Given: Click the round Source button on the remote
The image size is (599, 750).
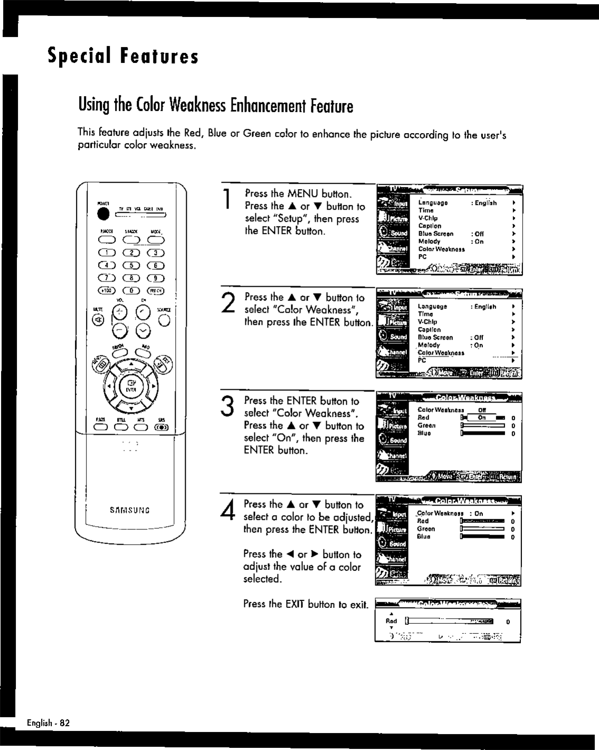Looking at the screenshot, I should [165, 320].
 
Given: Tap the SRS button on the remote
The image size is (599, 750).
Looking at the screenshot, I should [160, 428].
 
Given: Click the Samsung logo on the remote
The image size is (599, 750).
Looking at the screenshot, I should [130, 510].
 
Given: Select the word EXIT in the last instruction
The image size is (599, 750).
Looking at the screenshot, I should [296, 604].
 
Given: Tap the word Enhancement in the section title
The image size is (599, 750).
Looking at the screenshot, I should [268, 106].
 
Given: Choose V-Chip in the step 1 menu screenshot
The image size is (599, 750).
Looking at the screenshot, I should [427, 218].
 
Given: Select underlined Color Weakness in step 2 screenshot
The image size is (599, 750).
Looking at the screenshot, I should [441, 353].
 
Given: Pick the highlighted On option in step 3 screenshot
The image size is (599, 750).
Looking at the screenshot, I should [481, 417].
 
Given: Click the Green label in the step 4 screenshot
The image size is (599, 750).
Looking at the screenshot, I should [426, 529].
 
